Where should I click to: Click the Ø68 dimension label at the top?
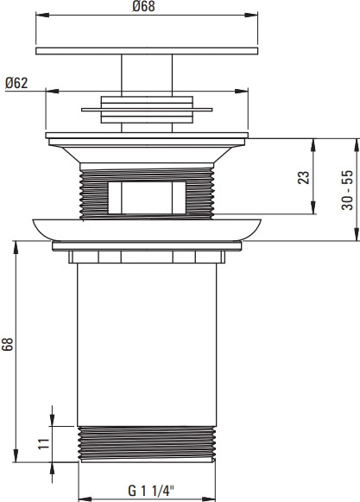(x=143, y=6)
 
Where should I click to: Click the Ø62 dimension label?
(x=16, y=83)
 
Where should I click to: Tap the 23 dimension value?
(x=304, y=177)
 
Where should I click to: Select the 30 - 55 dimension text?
(x=347, y=190)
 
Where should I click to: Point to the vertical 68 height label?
(x=8, y=344)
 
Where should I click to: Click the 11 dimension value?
(x=44, y=443)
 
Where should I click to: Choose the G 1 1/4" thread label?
(x=151, y=491)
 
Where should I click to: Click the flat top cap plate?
(x=147, y=51)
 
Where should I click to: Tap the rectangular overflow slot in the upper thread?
(x=147, y=198)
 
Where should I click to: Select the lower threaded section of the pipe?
(x=147, y=444)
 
